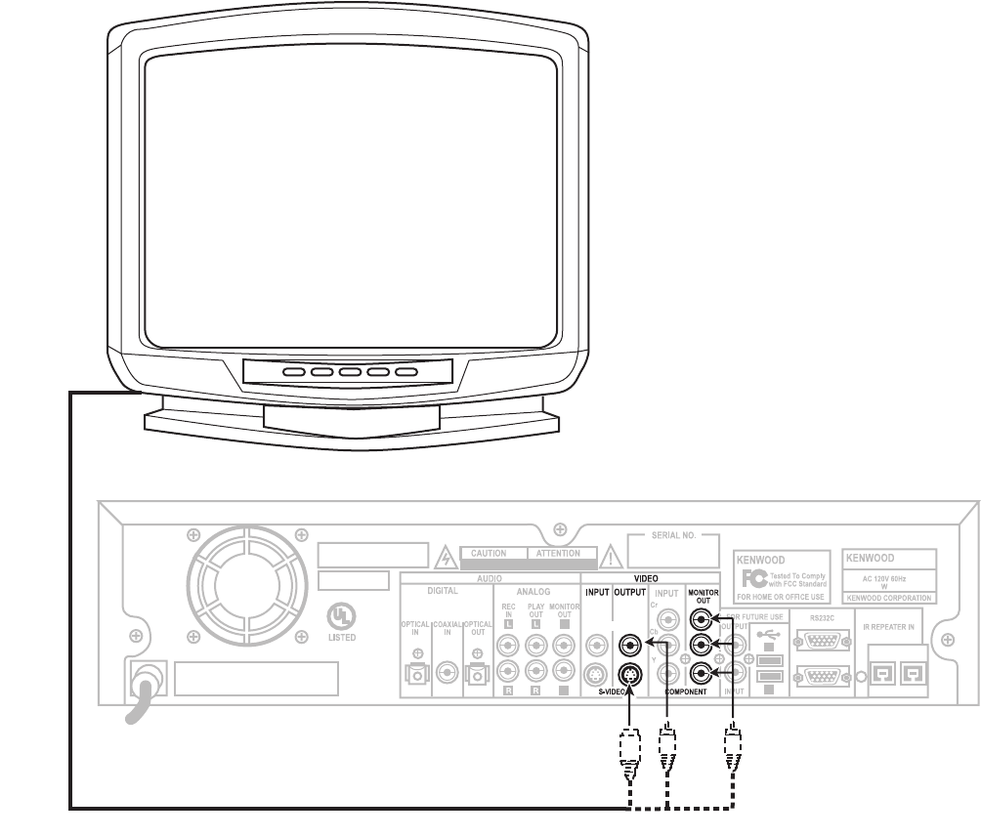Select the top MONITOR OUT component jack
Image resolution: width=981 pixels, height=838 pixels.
coord(700,618)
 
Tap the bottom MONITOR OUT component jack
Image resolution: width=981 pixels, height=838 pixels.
coord(700,672)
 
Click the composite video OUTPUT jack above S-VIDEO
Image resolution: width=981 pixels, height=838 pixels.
coord(630,645)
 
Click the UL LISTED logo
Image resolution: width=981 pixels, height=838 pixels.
coord(342,621)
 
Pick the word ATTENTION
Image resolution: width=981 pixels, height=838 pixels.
coord(557,554)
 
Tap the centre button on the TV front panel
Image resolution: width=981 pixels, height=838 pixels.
coord(349,372)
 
